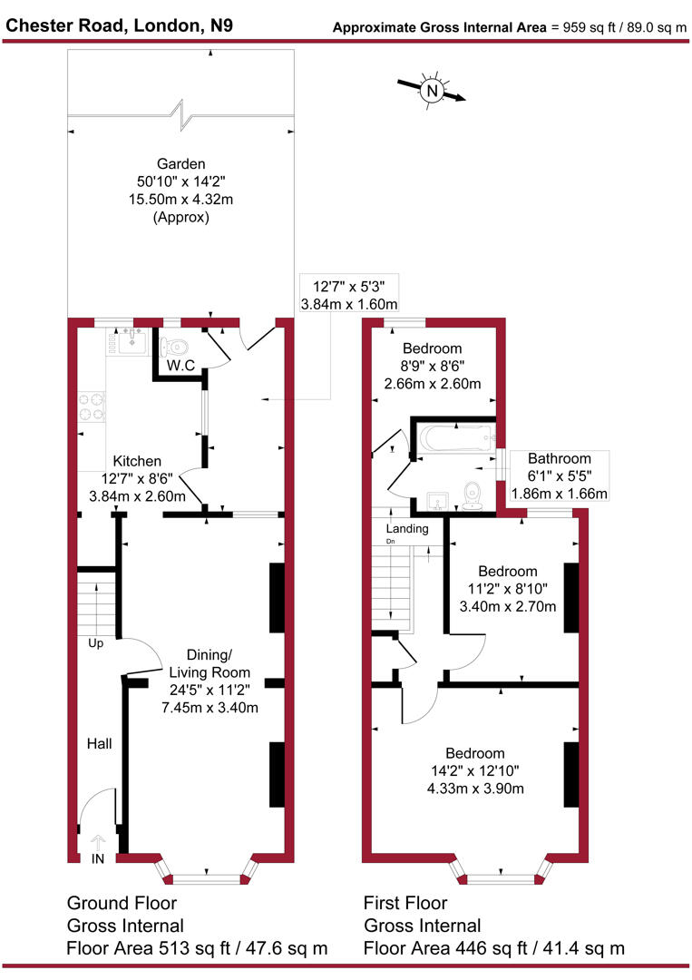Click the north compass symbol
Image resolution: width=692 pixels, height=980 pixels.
[x=433, y=91]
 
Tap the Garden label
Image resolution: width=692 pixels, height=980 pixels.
[x=181, y=164]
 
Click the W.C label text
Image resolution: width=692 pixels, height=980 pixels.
[x=181, y=367]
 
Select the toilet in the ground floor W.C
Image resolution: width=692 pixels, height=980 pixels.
[x=175, y=345]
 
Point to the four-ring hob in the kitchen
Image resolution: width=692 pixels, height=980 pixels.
[x=92, y=407]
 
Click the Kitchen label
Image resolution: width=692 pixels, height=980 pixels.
[x=137, y=462]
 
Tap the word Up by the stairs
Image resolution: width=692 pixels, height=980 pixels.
[x=96, y=643]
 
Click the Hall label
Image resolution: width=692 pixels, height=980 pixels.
[x=99, y=744]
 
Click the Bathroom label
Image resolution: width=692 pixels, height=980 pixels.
[x=560, y=459]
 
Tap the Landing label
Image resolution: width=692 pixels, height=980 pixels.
[x=407, y=529]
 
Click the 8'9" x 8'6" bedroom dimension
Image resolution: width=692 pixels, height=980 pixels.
[x=433, y=366]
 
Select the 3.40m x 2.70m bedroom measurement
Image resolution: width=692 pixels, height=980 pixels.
[x=508, y=606]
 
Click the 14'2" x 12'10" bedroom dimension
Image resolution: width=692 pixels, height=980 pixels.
[x=474, y=771]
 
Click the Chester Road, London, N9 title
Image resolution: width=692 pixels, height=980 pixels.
[x=119, y=25]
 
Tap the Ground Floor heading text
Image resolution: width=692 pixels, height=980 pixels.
[x=122, y=904]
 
